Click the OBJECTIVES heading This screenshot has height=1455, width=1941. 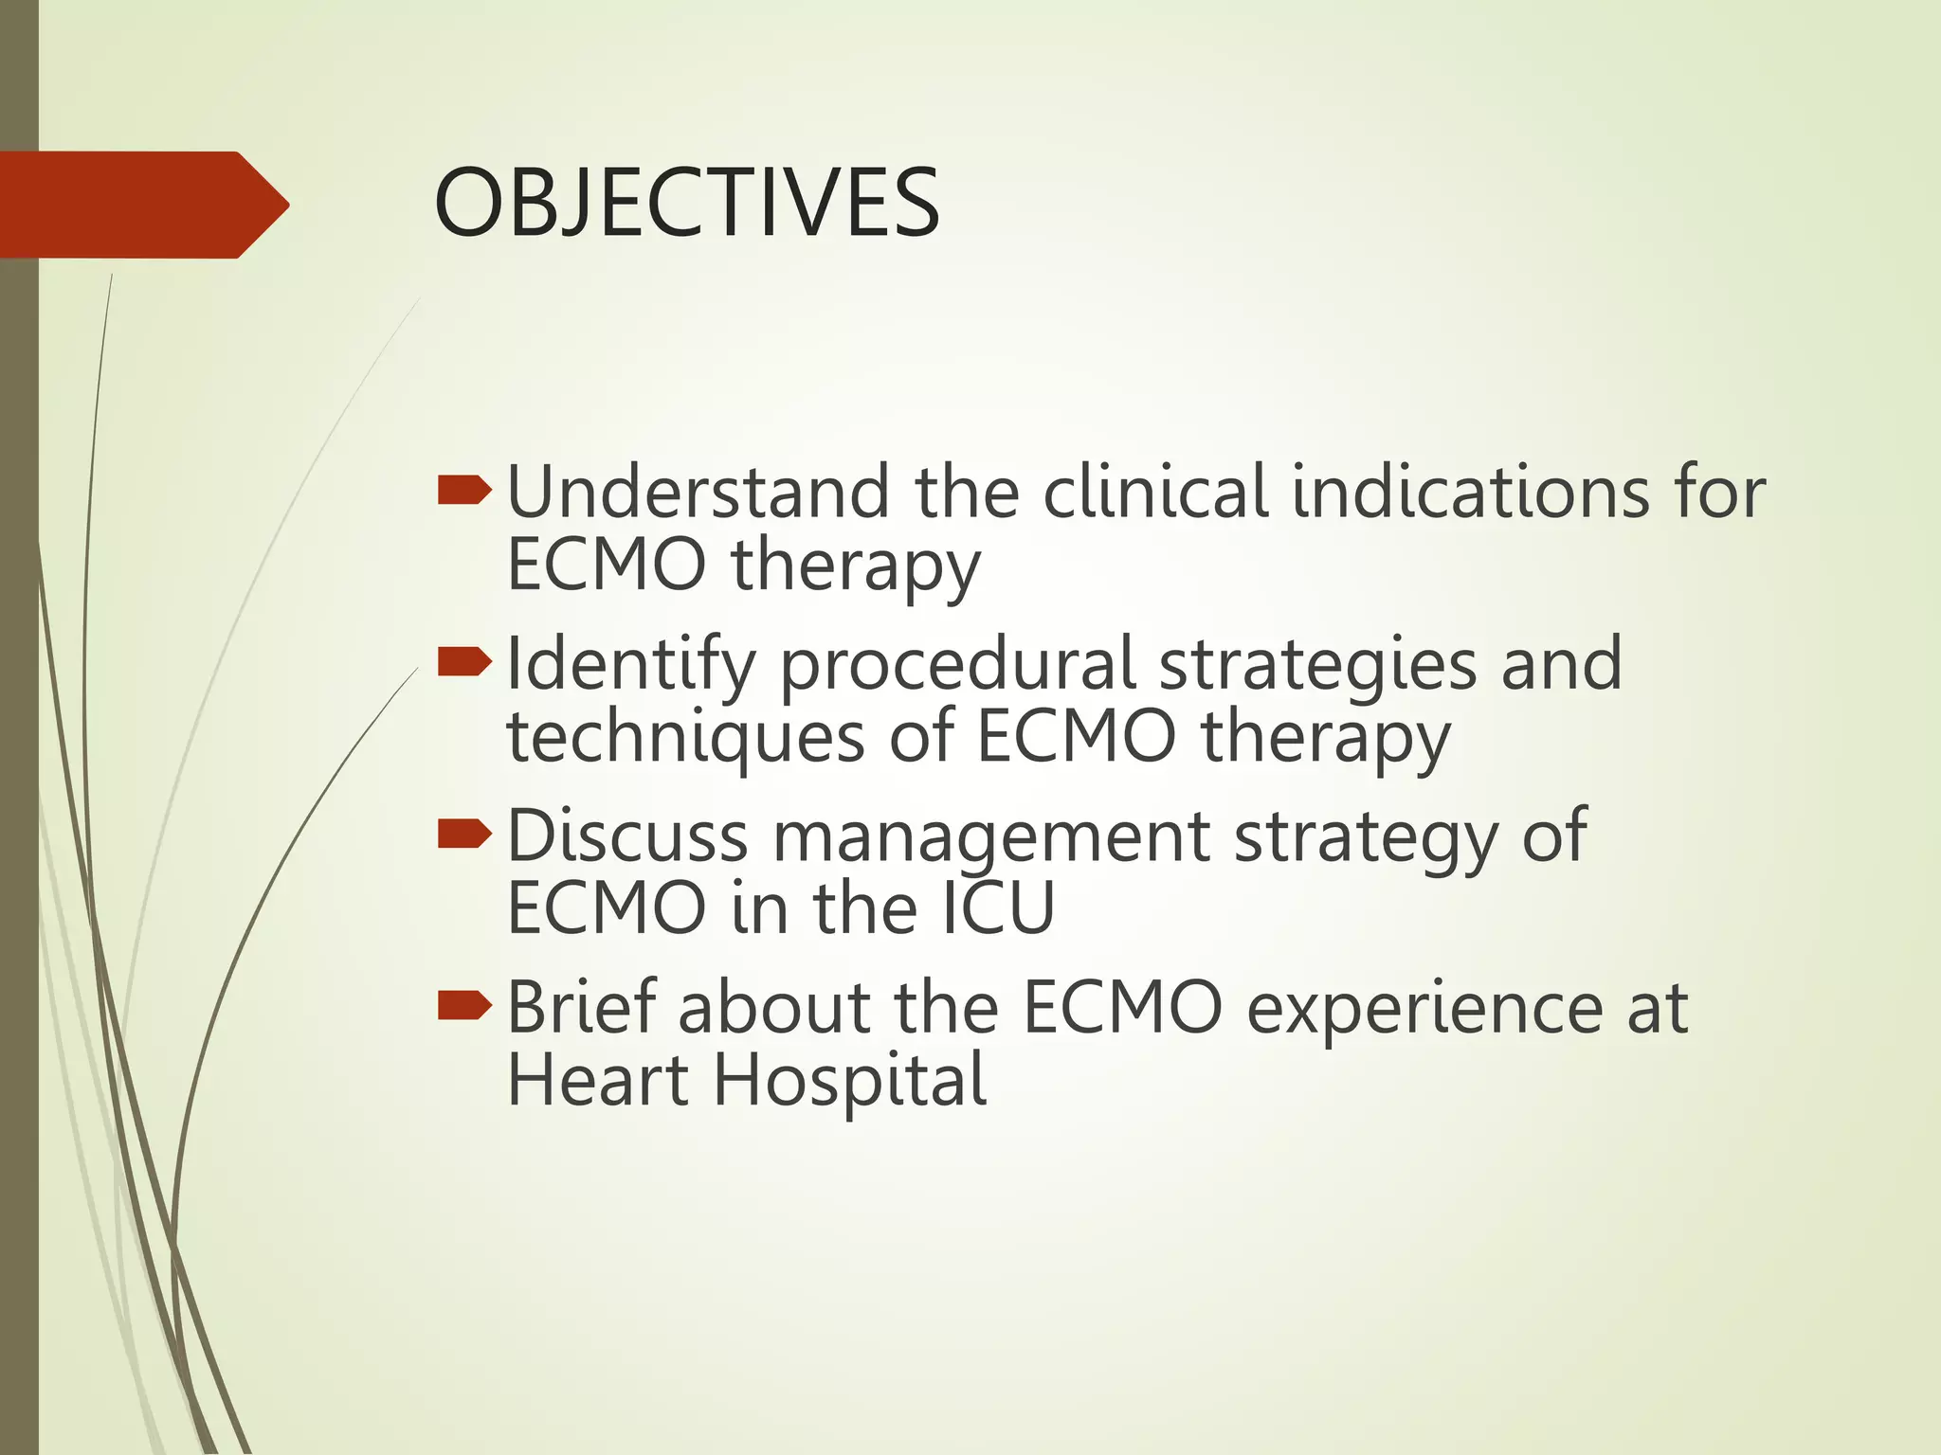point(686,203)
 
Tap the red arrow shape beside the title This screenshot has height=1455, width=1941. point(142,205)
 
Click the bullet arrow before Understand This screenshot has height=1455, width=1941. point(464,491)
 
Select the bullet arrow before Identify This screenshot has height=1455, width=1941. point(464,662)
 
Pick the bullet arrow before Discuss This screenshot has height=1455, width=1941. point(464,834)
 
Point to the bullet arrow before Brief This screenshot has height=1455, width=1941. point(464,1006)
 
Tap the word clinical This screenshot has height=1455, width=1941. point(1155,493)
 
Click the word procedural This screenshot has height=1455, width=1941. point(957,666)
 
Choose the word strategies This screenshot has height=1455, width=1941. point(1317,666)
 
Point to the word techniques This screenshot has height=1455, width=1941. point(686,739)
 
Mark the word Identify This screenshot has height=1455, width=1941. point(631,666)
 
